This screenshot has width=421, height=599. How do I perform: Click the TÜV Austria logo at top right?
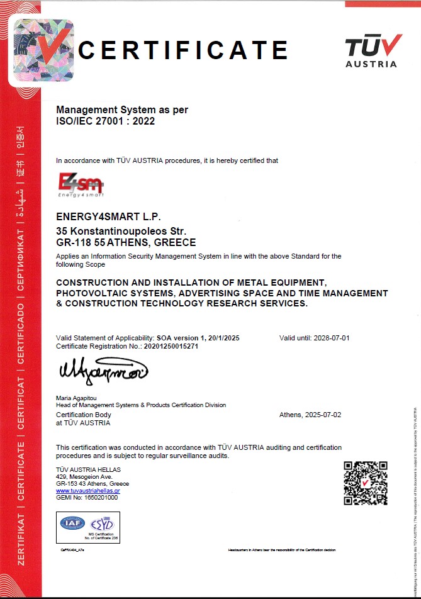coord(373,50)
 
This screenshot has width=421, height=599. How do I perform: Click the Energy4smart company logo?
coord(80,186)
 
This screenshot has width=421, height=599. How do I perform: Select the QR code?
coord(364,483)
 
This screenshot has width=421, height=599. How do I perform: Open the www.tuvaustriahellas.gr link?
coord(87,490)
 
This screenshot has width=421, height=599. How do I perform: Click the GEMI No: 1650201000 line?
coord(87,497)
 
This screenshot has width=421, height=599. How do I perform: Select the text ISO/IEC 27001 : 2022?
coord(105,121)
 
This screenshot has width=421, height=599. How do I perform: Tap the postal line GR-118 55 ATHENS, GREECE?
coord(126,242)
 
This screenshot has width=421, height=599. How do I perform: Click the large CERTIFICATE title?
coord(184,49)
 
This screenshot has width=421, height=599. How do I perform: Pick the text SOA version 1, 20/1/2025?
coord(198,338)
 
